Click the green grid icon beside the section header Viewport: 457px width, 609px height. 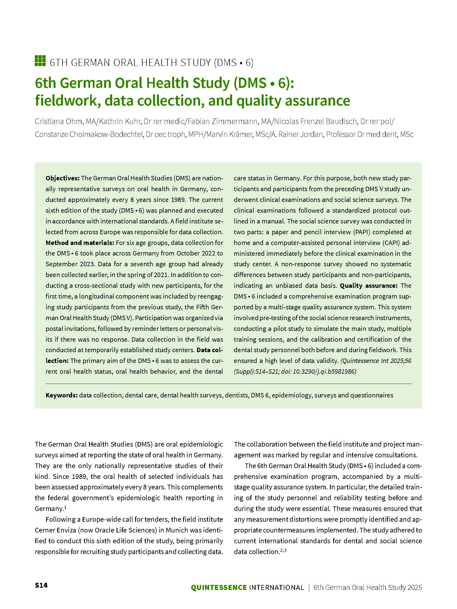click(40, 61)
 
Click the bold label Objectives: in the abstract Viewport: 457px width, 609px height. click(62, 178)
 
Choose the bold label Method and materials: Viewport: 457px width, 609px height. click(80, 243)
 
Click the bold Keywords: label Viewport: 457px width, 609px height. click(61, 395)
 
